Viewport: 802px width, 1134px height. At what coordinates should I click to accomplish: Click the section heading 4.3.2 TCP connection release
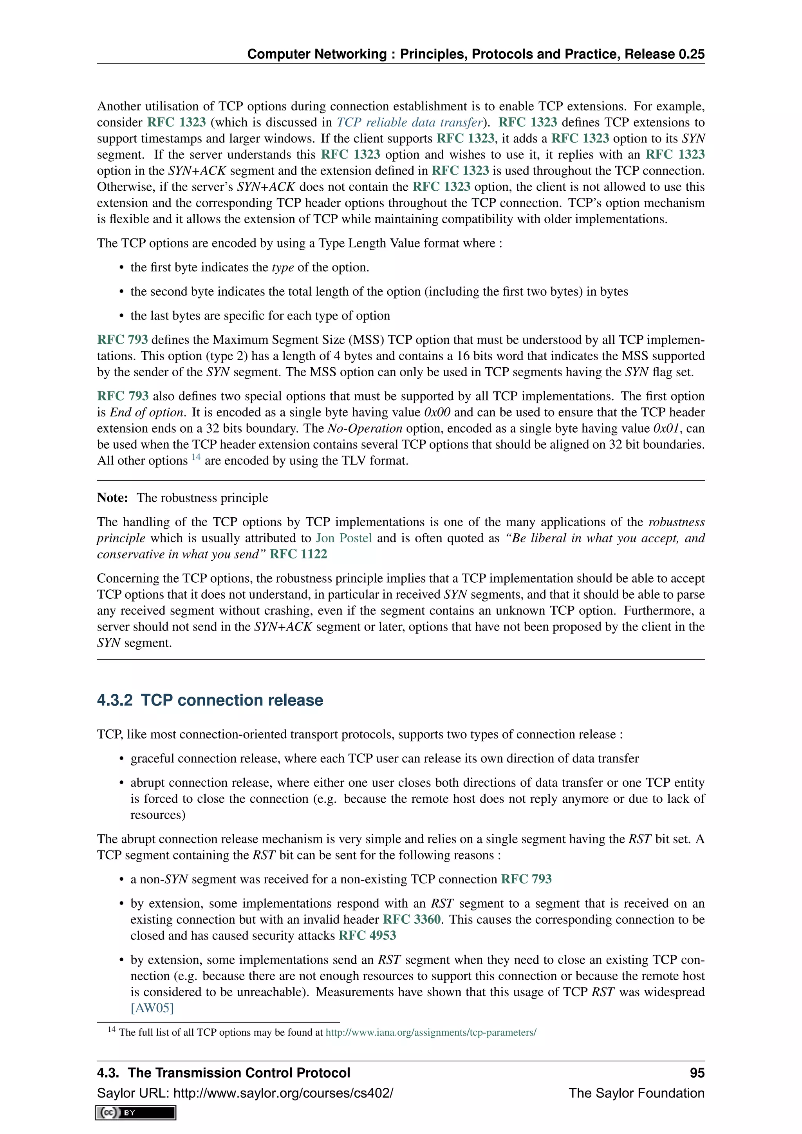click(x=210, y=701)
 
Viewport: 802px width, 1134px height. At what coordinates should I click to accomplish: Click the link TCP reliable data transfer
click(x=409, y=123)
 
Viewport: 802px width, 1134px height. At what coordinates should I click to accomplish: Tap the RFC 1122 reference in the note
click(x=298, y=554)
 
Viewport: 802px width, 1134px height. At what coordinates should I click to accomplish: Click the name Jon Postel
click(x=344, y=538)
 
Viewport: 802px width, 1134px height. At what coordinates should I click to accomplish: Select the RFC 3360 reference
click(x=411, y=920)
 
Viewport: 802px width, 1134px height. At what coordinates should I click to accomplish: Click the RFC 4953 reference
click(x=367, y=935)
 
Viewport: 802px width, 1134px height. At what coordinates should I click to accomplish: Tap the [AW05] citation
click(x=152, y=1008)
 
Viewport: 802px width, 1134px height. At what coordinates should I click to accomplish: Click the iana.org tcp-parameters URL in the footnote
click(x=431, y=1032)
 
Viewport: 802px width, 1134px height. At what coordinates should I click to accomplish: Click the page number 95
click(x=697, y=1073)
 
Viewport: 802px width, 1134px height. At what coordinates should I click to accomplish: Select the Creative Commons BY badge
click(x=136, y=1113)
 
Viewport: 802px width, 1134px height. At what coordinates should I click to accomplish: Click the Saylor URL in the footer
click(x=284, y=1093)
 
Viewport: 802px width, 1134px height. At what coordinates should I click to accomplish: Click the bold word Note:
click(x=113, y=498)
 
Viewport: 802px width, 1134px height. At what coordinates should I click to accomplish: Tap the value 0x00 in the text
click(x=437, y=412)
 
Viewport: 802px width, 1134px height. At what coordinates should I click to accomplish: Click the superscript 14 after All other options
click(x=196, y=457)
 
